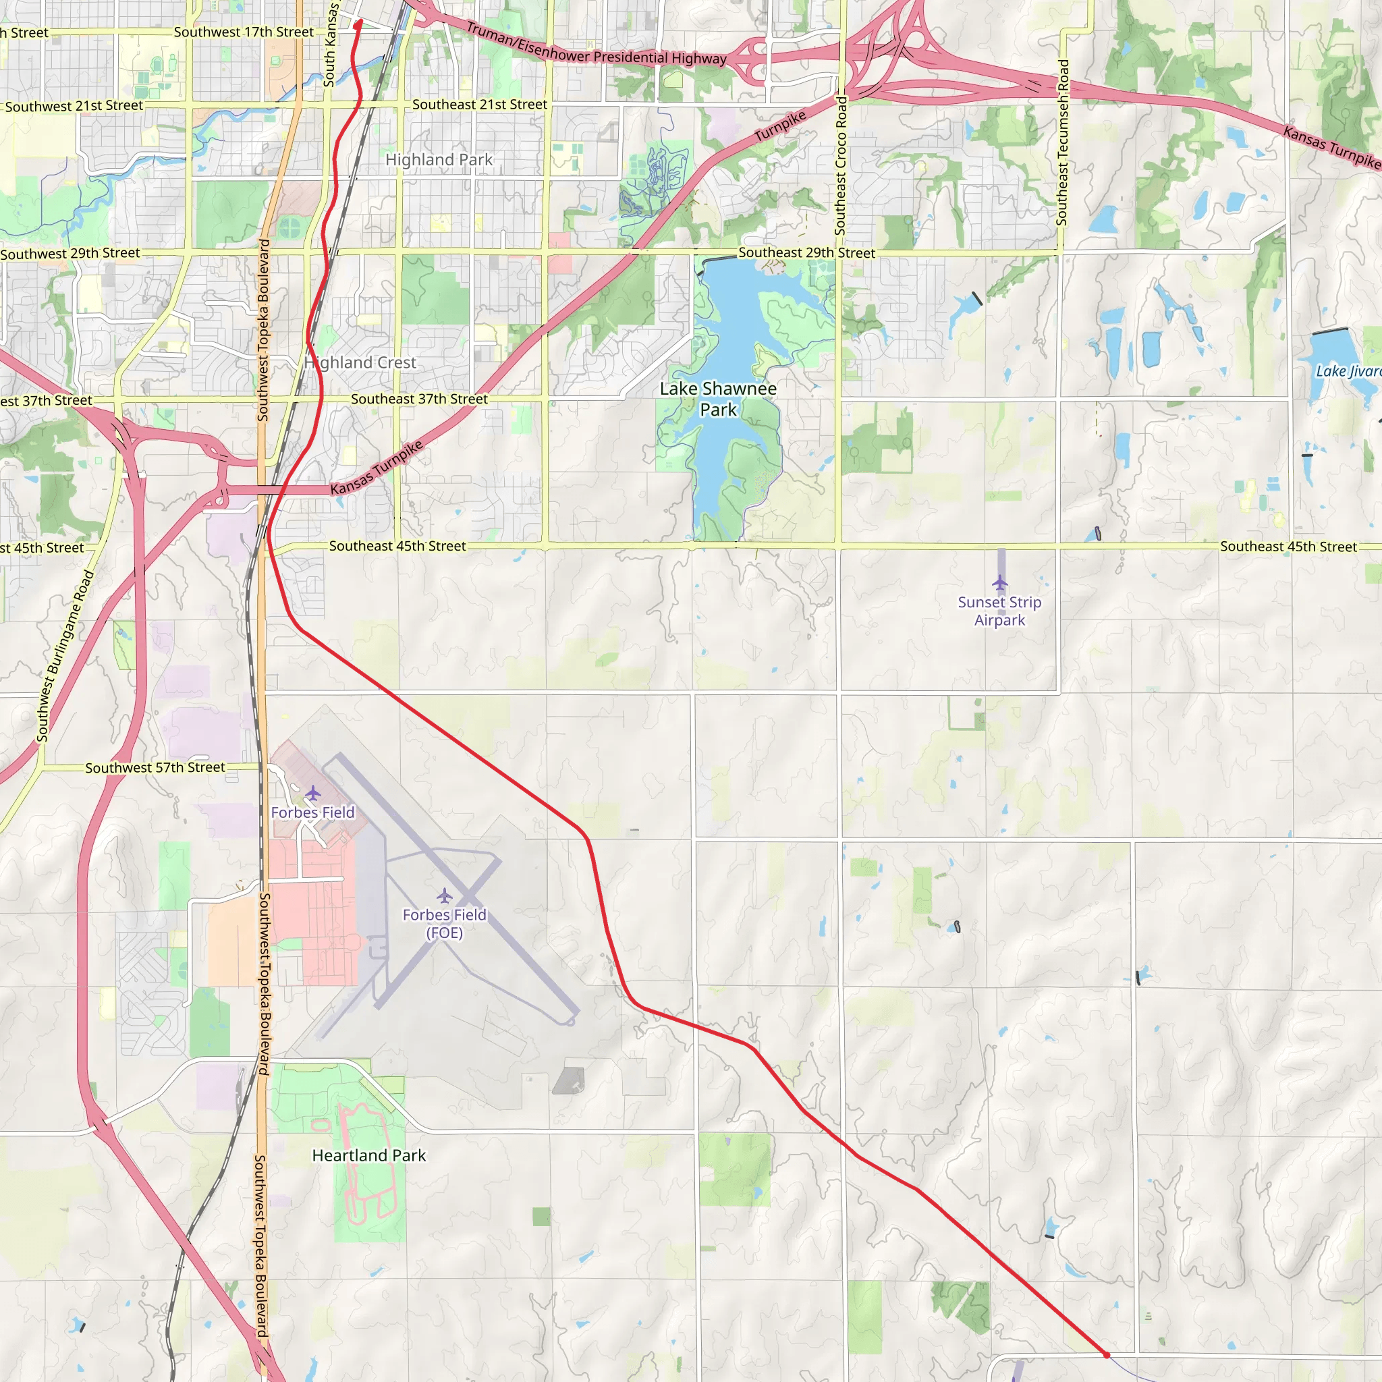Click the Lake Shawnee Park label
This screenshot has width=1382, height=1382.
coord(718,399)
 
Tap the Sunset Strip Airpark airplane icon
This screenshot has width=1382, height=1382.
coord(999,582)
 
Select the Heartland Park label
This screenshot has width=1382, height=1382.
coord(368,1155)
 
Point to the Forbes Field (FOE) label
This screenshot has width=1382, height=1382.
coord(444,924)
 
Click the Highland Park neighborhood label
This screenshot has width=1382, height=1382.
coord(439,159)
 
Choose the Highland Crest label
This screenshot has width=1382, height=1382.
coord(360,362)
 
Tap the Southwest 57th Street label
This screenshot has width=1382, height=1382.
coord(155,767)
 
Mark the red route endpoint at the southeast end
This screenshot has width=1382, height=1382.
coord(1106,1355)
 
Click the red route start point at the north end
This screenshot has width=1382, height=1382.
coord(358,24)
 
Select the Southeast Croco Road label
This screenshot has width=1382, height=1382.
coord(841,166)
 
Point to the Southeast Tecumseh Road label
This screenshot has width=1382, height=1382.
coord(1062,143)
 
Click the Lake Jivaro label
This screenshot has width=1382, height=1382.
coord(1348,370)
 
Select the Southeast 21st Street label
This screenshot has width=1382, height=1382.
coord(479,105)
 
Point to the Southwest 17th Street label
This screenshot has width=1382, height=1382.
coord(243,32)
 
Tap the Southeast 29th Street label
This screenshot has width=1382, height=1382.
coord(806,252)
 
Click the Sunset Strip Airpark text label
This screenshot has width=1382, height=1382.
coord(999,611)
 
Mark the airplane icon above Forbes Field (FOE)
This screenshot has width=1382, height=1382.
coord(444,895)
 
